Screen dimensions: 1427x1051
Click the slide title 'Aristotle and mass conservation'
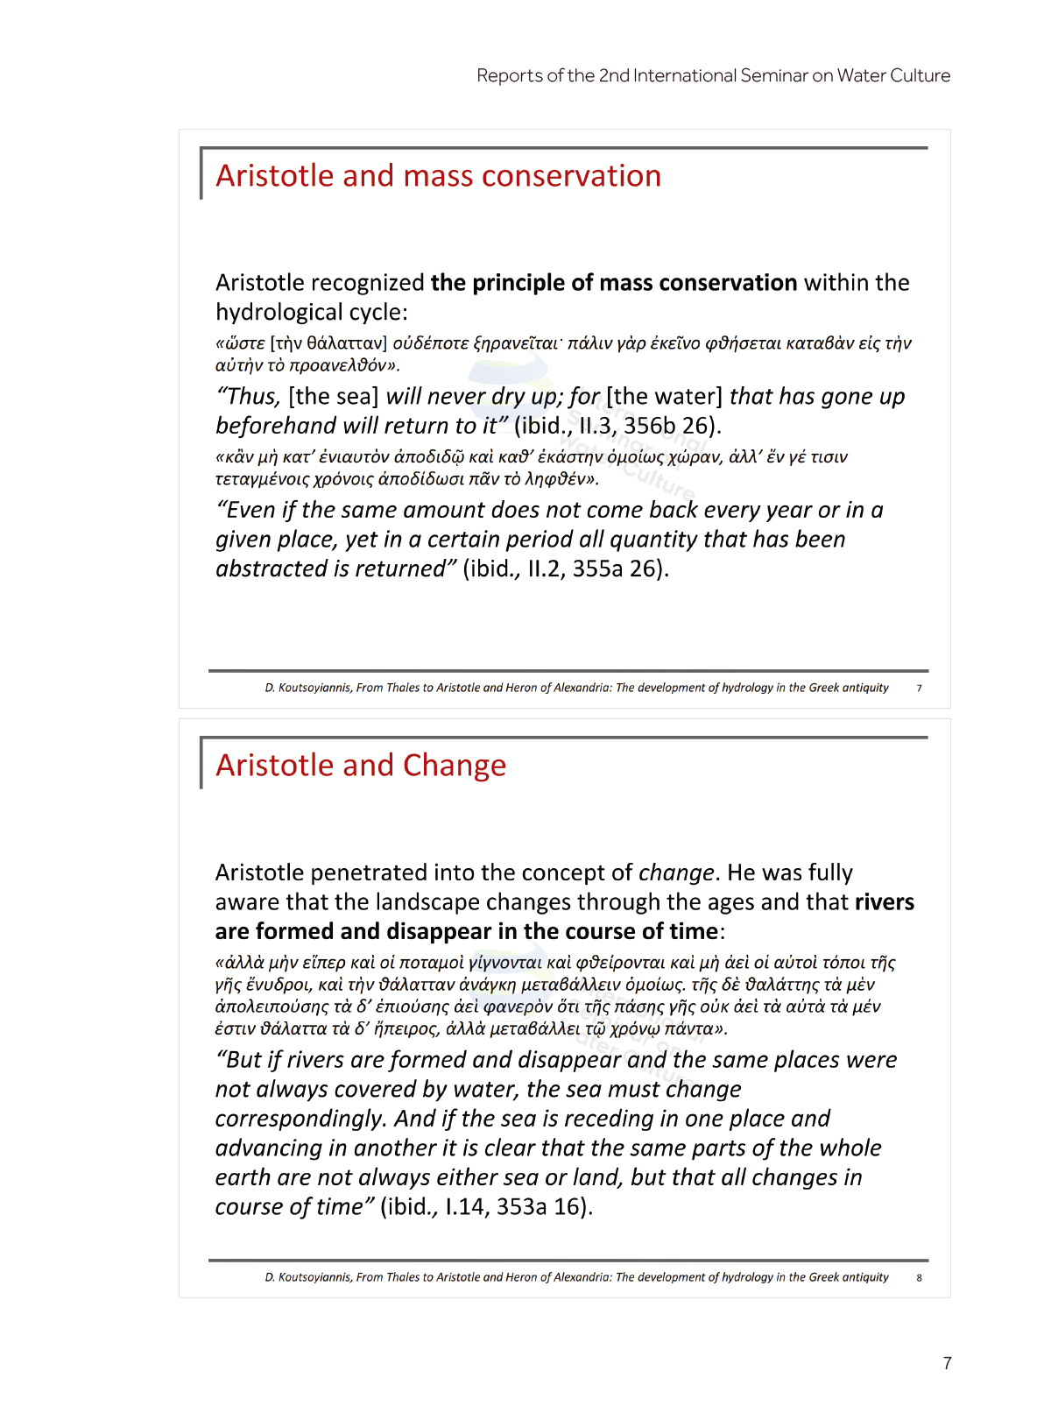pyautogui.click(x=438, y=176)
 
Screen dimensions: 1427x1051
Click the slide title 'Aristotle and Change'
pyautogui.click(x=361, y=766)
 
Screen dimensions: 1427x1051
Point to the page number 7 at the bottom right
pyautogui.click(x=947, y=1363)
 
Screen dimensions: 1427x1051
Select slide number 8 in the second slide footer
pyautogui.click(x=919, y=1278)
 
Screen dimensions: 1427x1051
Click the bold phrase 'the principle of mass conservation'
pyautogui.click(x=613, y=283)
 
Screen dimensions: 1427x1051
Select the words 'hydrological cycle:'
pyautogui.click(x=312, y=313)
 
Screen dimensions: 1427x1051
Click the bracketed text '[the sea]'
pyautogui.click(x=333, y=397)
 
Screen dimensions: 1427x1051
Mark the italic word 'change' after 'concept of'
pyautogui.click(x=676, y=873)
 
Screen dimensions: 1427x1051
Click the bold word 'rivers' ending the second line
pyautogui.click(x=884, y=902)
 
